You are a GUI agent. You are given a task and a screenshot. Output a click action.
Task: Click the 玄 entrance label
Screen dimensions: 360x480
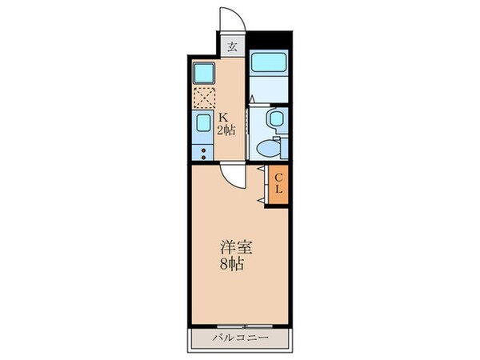click(x=231, y=46)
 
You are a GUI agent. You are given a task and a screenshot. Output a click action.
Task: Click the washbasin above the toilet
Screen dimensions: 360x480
click(x=274, y=119)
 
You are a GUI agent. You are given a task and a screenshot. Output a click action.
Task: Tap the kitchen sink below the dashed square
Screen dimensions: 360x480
click(x=202, y=124)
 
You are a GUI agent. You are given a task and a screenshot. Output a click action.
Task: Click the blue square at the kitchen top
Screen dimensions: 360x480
click(x=202, y=74)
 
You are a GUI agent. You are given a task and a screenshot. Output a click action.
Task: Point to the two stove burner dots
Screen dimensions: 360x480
click(x=202, y=151)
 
